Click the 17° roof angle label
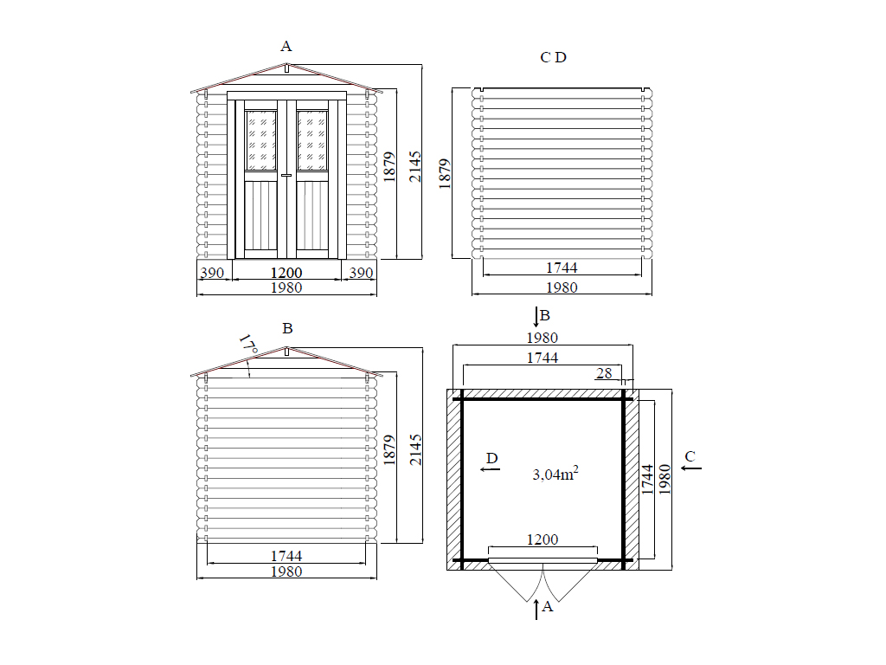[248, 345]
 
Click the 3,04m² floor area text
[555, 474]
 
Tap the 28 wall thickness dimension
[604, 373]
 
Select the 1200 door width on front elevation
[286, 273]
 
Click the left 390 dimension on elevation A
[212, 273]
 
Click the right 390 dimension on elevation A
[361, 273]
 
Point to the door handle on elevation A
[286, 175]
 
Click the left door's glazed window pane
[261, 140]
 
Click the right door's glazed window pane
[311, 140]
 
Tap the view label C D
[553, 57]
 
